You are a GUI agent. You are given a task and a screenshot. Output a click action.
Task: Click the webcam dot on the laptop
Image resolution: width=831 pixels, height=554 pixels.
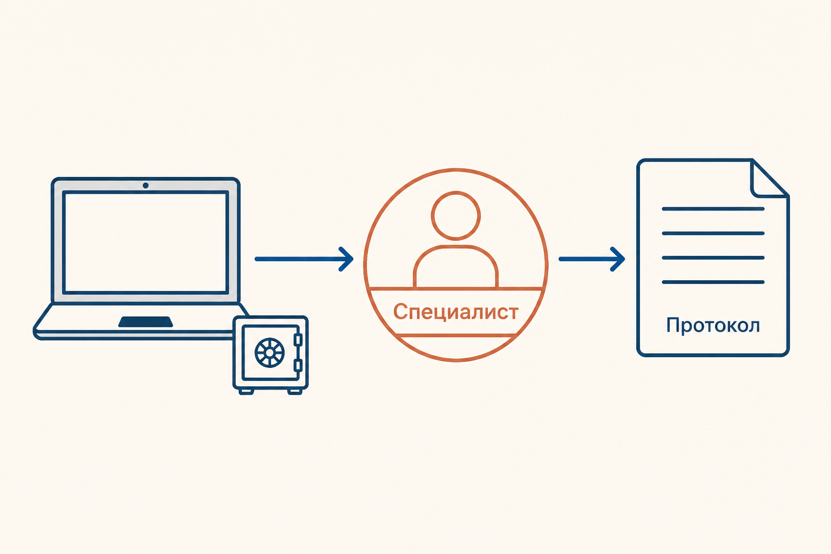click(146, 185)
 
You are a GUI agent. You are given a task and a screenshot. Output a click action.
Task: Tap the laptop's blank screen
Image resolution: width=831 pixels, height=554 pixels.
click(146, 242)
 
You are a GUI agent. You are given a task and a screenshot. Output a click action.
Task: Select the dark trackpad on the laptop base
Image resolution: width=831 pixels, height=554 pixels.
click(146, 322)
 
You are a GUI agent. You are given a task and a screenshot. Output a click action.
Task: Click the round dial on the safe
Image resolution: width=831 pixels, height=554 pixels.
click(270, 353)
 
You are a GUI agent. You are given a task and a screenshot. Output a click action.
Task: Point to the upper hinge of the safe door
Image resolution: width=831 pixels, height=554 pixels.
click(298, 340)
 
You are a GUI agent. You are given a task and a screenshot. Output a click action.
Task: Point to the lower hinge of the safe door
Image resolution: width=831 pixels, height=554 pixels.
click(298, 365)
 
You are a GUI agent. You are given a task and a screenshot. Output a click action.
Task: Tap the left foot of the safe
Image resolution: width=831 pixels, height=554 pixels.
click(246, 392)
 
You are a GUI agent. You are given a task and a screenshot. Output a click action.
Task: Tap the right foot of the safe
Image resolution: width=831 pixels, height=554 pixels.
click(295, 392)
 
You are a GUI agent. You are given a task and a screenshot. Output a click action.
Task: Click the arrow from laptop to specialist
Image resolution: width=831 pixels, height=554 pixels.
click(304, 259)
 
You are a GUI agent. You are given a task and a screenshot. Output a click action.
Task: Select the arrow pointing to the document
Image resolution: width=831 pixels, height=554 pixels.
click(592, 259)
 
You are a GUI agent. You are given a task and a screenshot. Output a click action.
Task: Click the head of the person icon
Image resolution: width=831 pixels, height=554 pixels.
click(456, 215)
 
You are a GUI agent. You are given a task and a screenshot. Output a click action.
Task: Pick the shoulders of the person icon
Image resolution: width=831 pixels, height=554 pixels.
click(456, 266)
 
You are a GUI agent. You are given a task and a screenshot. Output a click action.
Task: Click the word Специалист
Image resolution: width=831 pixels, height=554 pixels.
click(456, 312)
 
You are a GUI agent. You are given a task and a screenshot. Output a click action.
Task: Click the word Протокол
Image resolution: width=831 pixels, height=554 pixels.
click(713, 326)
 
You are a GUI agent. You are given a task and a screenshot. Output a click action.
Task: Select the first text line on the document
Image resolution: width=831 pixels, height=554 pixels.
click(713, 209)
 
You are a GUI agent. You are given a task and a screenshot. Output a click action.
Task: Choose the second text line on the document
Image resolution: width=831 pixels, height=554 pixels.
click(713, 233)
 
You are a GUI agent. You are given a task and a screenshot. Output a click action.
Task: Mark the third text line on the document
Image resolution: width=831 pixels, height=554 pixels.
click(713, 258)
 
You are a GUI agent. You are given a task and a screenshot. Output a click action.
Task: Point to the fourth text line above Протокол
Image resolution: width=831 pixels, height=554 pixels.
click(713, 282)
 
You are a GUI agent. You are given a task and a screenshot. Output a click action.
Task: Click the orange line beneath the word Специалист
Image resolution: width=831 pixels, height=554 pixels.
click(456, 335)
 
